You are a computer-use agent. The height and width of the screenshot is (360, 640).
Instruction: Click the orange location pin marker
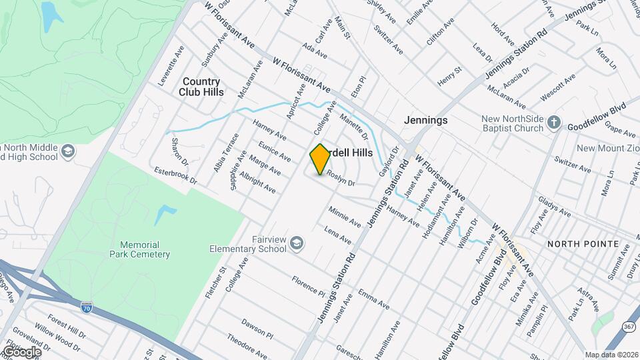click(x=320, y=159)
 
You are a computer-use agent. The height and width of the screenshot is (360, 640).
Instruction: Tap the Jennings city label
click(x=425, y=120)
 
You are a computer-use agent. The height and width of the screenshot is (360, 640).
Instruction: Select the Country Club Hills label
click(x=201, y=87)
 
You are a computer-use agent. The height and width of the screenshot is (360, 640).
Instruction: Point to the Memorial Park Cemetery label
click(x=140, y=249)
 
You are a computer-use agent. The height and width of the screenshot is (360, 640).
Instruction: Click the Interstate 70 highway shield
click(x=86, y=307)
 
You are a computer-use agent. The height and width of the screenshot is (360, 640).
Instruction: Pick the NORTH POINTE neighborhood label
click(x=583, y=244)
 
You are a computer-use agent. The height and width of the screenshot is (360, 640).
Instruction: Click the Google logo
click(x=21, y=351)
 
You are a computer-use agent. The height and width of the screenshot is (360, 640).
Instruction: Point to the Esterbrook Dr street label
click(x=176, y=175)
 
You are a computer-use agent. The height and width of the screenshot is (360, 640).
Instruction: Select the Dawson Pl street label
click(x=257, y=328)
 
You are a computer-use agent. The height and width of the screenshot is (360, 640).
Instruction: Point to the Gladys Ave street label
click(x=555, y=209)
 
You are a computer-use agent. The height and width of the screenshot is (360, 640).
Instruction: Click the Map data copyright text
click(x=611, y=354)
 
